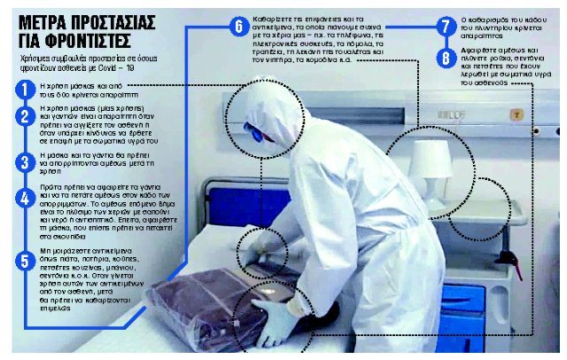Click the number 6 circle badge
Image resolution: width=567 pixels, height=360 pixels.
[237, 27]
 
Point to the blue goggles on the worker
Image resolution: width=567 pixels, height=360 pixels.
[256, 133]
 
